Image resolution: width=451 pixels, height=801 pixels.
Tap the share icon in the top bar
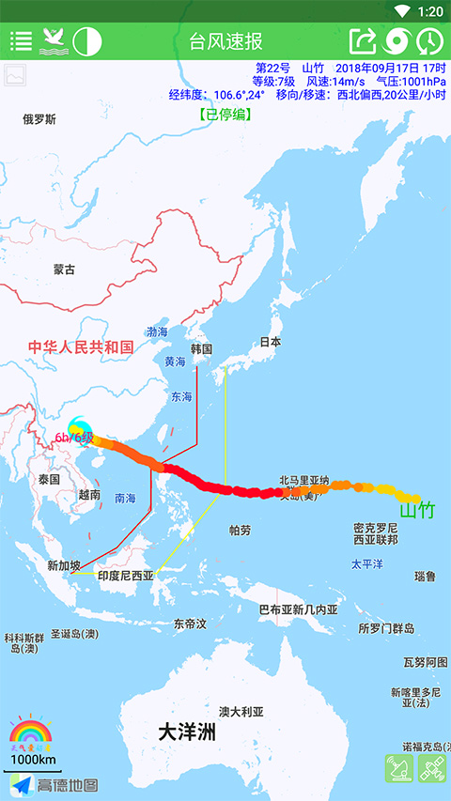363,41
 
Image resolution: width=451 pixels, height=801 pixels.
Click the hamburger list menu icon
21,41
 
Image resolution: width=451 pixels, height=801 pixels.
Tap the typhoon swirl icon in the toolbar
397,41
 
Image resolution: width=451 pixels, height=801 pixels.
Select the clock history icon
430,41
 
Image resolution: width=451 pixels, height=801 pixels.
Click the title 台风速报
225,41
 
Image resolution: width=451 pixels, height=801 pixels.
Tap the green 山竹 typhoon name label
417,511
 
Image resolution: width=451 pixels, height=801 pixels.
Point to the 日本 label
271,343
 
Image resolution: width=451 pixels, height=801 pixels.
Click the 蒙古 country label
64,270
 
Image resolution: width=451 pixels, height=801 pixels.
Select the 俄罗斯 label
39,119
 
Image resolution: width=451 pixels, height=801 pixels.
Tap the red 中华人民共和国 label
81,347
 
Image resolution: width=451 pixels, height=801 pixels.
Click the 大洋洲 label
186,732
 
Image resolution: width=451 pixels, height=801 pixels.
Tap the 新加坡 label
64,565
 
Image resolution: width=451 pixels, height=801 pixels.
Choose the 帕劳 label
241,531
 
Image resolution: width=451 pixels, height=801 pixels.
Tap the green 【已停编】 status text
225,114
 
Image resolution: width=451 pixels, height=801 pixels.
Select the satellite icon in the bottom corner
432,769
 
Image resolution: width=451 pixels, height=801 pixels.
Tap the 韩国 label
201,348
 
